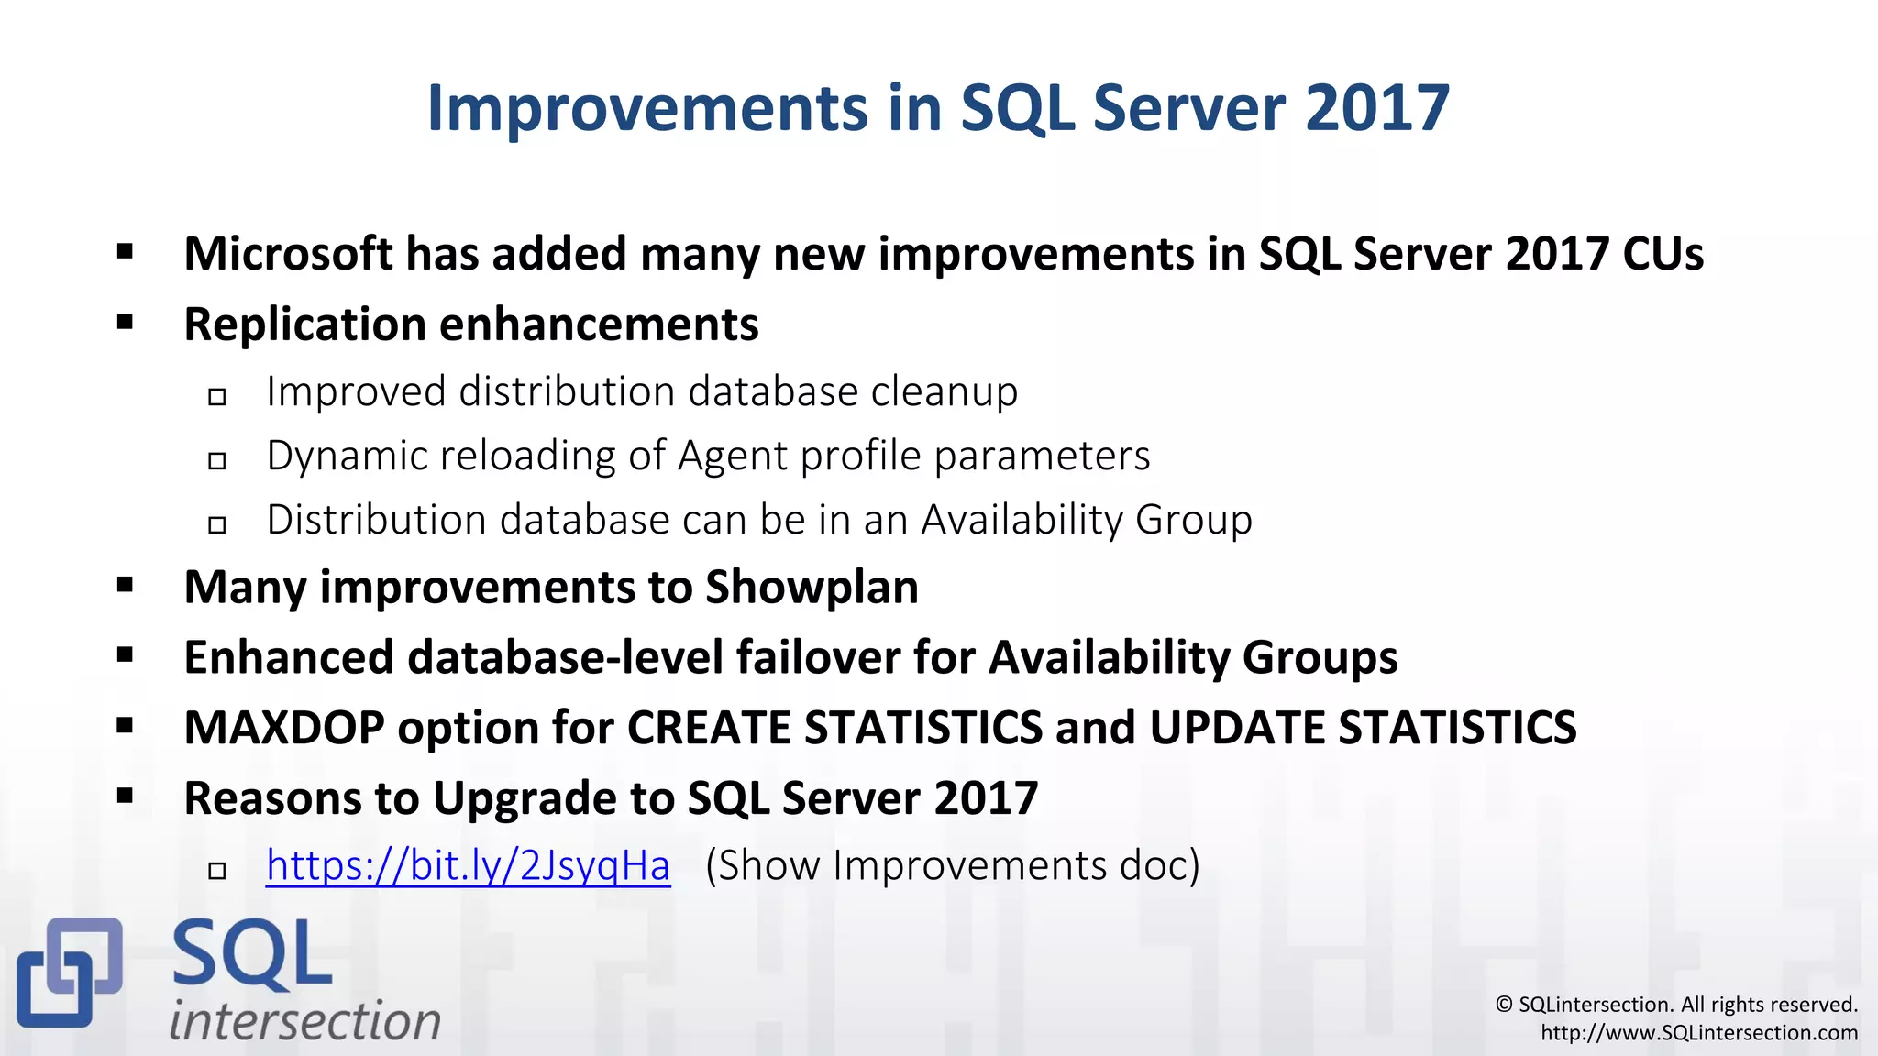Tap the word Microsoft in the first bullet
point(288,254)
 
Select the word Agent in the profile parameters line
point(732,456)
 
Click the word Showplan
point(812,587)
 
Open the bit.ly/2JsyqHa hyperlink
point(468,865)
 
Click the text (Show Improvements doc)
point(952,865)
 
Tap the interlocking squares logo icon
point(69,972)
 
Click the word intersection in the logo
point(304,1020)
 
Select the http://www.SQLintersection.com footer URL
point(1698,1033)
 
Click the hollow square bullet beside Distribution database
point(217,525)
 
